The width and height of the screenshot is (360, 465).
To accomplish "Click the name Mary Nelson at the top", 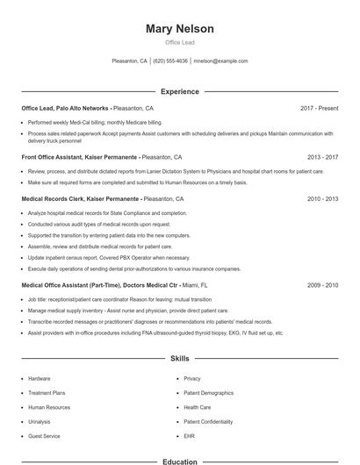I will pos(180,29).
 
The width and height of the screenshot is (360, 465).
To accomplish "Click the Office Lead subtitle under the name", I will pos(180,42).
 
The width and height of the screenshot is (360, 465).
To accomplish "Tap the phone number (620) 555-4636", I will pos(170,61).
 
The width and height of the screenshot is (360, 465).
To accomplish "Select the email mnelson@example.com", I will pos(220,61).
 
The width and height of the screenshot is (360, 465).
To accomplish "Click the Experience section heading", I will pos(180,91).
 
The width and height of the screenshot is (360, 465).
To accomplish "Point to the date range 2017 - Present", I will pos(319,108).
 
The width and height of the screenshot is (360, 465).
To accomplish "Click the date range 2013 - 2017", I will pos(322,157).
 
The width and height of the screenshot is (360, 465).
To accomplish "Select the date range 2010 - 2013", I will pos(322,199).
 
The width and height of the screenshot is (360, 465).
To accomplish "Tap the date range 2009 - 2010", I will pos(322,285).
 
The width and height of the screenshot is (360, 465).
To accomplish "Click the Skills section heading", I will pos(180,359).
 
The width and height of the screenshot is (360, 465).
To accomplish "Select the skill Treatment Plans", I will pos(47,393).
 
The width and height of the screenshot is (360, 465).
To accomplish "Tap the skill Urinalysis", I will pos(40,421).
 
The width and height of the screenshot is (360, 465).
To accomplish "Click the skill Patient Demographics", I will pos(208,393).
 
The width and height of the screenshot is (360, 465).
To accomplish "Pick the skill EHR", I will pos(189,435).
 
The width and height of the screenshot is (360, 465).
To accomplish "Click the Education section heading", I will pos(180,461).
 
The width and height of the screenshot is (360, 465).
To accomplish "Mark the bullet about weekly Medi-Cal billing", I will pos(95,122).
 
